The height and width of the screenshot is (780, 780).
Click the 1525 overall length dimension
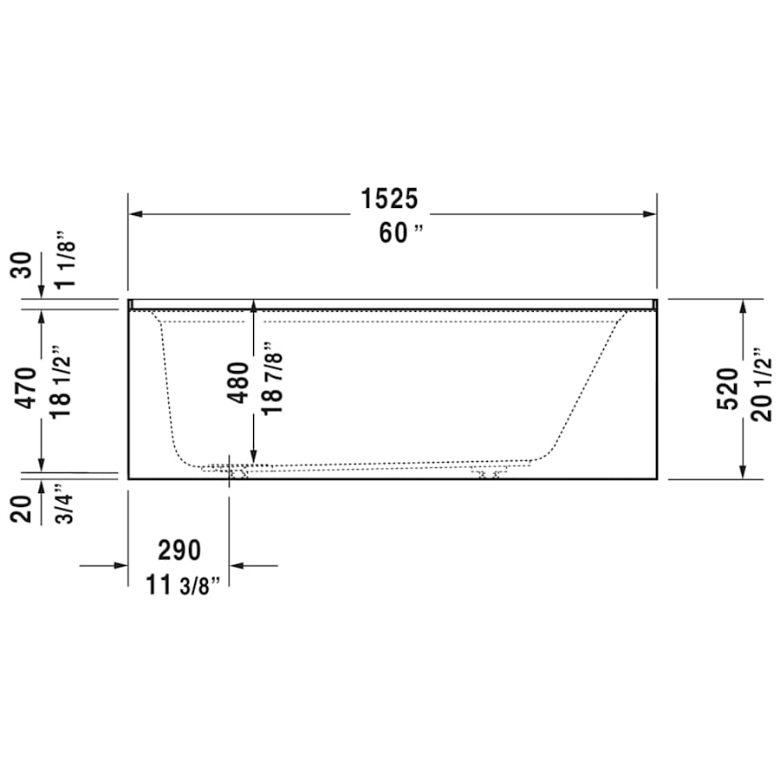389,199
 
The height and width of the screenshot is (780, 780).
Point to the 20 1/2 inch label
762,385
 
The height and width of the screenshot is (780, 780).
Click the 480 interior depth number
239,381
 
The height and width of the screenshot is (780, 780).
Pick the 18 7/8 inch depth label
272,378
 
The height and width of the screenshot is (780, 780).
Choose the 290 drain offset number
179,549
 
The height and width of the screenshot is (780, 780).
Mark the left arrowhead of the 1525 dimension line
134,214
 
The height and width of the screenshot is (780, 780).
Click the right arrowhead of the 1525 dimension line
651,214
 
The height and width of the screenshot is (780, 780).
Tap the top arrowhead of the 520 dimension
743,306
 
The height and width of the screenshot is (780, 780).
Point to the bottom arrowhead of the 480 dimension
253,456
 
